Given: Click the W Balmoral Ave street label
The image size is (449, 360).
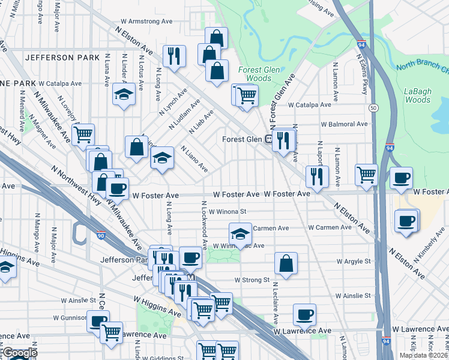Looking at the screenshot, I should click(x=344, y=124).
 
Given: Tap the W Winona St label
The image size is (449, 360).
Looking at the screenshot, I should click(x=228, y=211).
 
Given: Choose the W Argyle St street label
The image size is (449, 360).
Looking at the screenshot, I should click(x=354, y=262).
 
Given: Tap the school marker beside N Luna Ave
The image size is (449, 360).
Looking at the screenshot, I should click(x=124, y=94).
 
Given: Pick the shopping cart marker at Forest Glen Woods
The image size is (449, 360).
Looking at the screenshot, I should click(x=246, y=95).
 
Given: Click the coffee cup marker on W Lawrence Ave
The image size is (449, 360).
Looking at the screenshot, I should click(x=304, y=314).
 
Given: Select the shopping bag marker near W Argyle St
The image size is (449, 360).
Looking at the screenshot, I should click(x=286, y=263).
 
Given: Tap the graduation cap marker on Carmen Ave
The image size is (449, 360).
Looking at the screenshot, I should click(x=240, y=233).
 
